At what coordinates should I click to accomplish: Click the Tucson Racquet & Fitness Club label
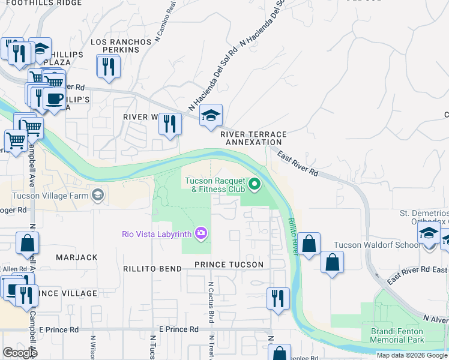214,185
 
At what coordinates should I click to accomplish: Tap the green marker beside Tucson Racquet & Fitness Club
255,185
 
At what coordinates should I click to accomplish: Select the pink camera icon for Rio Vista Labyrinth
200,233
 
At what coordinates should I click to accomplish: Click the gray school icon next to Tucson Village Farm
97,195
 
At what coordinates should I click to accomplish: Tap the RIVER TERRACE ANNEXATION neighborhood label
252,138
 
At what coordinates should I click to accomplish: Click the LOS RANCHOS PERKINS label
121,46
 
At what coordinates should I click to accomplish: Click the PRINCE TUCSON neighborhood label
228,265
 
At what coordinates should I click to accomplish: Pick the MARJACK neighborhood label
76,257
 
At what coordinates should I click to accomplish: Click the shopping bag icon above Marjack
27,243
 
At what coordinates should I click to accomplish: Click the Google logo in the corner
20,353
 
